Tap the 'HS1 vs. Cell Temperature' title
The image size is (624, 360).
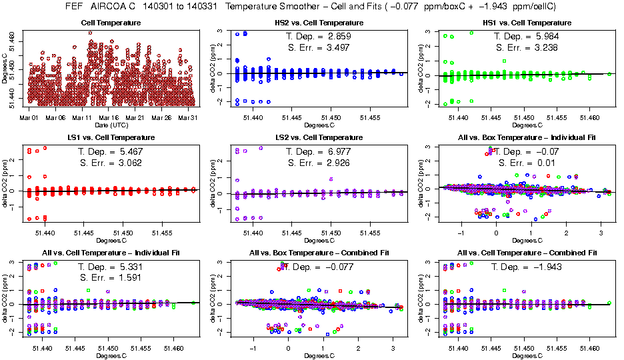(527, 23)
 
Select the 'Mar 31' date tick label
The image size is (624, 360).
(189, 117)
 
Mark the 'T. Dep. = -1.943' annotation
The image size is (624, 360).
(529, 267)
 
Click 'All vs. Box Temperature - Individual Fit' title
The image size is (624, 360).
(527, 137)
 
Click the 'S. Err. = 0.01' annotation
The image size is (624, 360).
(527, 163)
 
